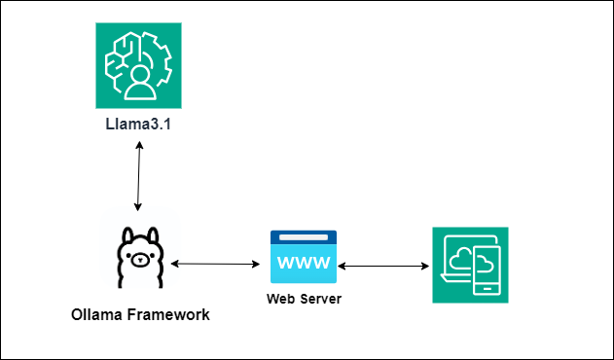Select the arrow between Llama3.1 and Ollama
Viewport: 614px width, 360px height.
[140, 175]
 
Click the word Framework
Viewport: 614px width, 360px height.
[175, 314]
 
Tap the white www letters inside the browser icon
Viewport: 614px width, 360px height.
[304, 262]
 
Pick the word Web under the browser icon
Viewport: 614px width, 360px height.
[279, 298]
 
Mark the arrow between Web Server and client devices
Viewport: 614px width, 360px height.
[384, 265]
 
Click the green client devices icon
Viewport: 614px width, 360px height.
[470, 264]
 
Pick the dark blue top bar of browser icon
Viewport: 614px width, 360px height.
[304, 236]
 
